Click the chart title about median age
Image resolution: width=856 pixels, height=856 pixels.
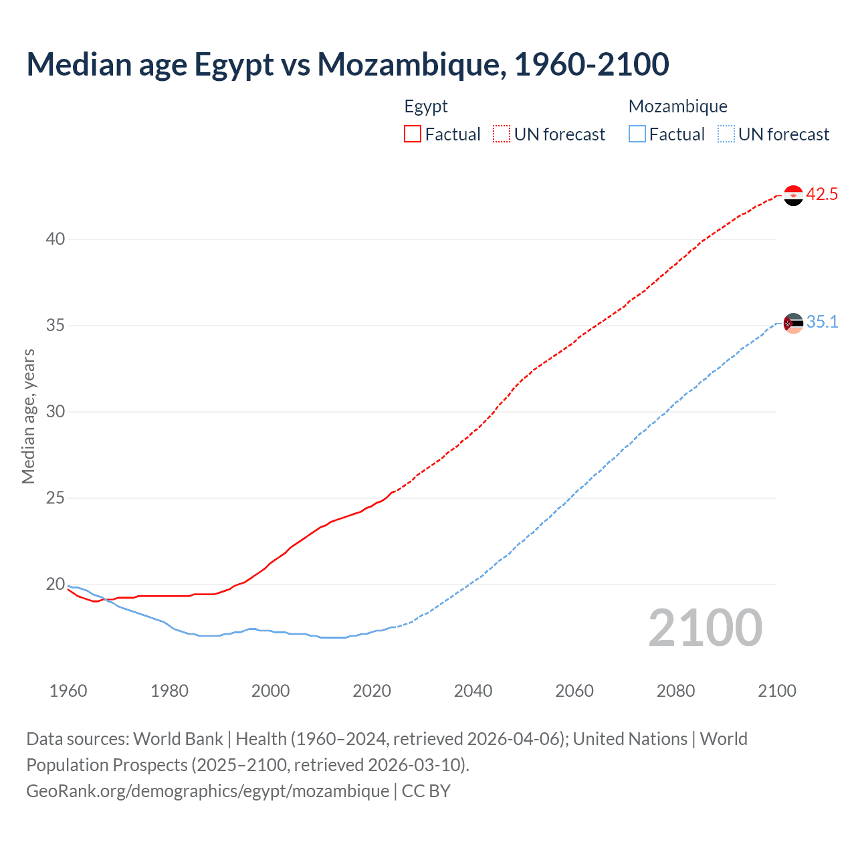click(347, 65)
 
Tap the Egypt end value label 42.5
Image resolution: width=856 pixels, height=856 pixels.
click(822, 195)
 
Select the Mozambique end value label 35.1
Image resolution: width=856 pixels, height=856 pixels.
click(822, 322)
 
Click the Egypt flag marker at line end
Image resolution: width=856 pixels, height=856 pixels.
click(793, 195)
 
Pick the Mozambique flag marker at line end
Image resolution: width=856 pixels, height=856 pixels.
click(793, 323)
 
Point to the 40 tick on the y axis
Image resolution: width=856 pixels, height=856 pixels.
click(56, 239)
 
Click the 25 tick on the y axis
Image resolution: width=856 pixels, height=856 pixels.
click(56, 498)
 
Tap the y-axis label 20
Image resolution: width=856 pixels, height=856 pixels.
click(56, 584)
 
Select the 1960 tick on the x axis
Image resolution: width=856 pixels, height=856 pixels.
click(68, 691)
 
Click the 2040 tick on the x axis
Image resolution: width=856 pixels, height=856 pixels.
click(473, 691)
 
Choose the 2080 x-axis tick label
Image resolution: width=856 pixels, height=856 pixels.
click(675, 691)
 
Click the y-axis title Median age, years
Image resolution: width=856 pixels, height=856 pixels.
click(28, 416)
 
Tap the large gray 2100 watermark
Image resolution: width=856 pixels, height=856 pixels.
click(705, 628)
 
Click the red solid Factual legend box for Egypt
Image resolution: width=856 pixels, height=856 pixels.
click(413, 134)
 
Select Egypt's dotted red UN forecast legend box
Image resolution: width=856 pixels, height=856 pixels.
click(502, 134)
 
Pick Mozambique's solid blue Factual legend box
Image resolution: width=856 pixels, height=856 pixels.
click(637, 134)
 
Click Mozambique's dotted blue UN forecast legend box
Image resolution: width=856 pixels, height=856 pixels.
click(726, 134)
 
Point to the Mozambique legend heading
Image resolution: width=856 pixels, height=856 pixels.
click(677, 106)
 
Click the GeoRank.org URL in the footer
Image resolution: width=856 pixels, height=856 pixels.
click(207, 791)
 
